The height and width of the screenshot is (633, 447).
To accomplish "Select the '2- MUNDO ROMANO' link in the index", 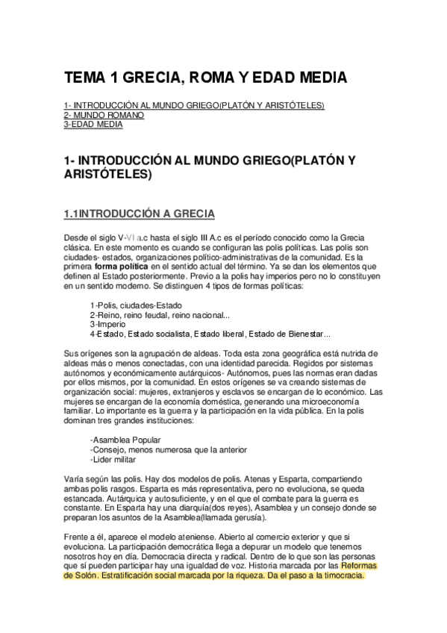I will [x=104, y=115].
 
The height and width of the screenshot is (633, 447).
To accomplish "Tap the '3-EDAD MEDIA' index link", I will [x=93, y=125].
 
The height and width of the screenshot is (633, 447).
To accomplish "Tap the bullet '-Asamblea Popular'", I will [x=125, y=439].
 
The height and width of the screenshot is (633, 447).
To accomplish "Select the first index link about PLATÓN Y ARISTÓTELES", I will [x=194, y=105].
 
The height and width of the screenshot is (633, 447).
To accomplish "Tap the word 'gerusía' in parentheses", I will [x=245, y=517].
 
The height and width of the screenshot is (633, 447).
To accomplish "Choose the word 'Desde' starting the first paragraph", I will [x=75, y=235].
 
